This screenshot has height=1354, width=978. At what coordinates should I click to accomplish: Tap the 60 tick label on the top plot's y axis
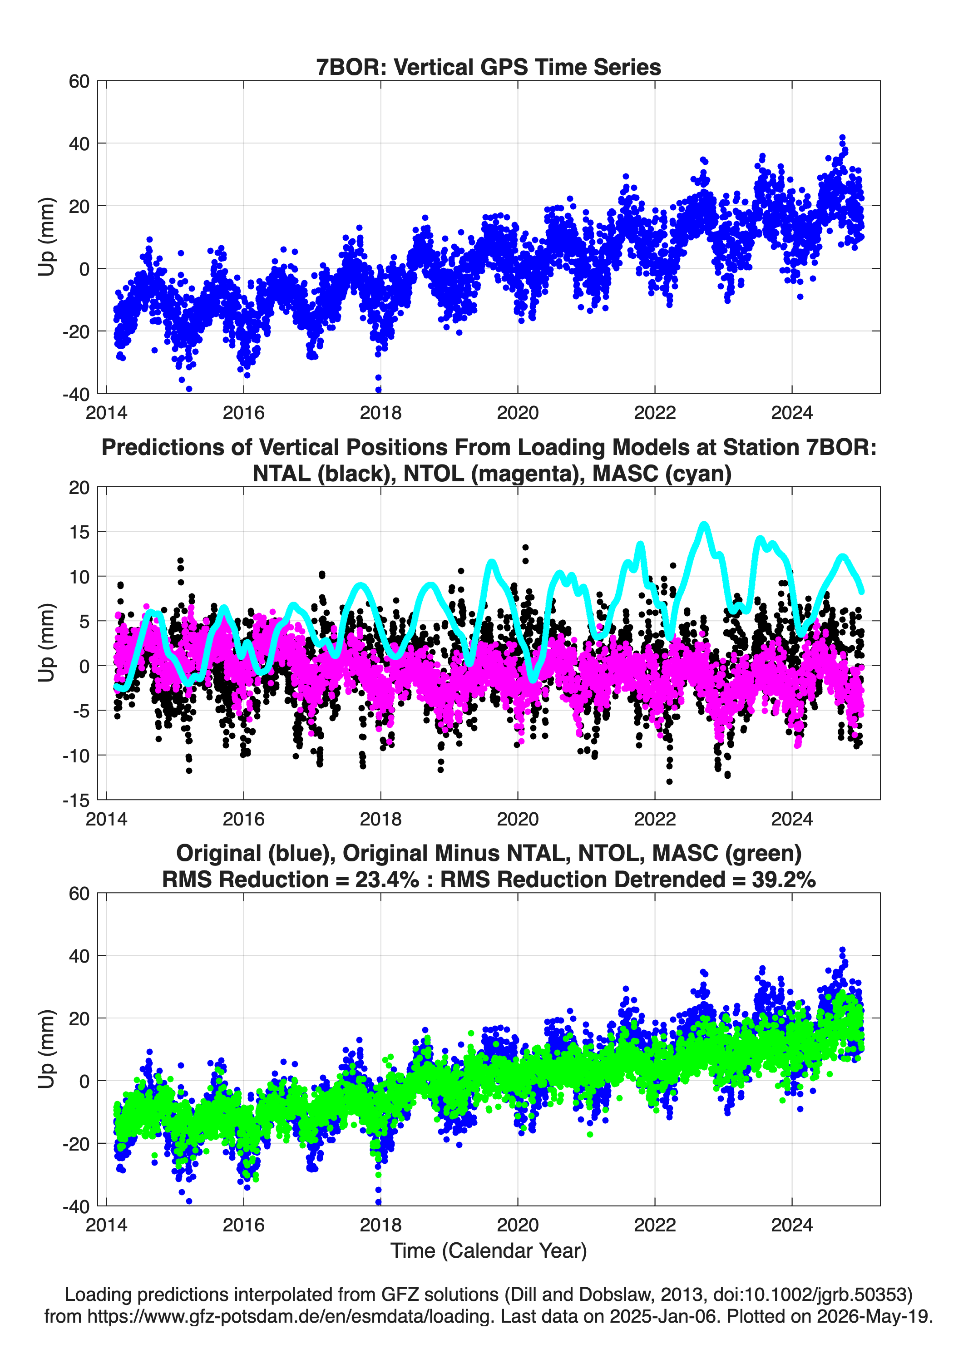(79, 81)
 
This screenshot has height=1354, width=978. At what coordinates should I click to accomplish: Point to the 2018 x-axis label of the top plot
(380, 413)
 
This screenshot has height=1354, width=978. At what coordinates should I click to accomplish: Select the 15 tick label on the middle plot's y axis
(79, 532)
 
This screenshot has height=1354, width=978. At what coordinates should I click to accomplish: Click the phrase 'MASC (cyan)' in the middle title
(662, 474)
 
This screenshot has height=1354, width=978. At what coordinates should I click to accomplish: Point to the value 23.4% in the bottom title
(387, 880)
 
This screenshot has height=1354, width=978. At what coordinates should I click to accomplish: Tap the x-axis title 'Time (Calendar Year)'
(489, 1250)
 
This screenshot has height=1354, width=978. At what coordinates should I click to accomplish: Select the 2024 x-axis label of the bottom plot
(792, 1225)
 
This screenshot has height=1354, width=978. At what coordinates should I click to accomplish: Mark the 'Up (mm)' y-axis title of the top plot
(47, 237)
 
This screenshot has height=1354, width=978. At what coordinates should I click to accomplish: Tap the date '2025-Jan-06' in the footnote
(663, 1316)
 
